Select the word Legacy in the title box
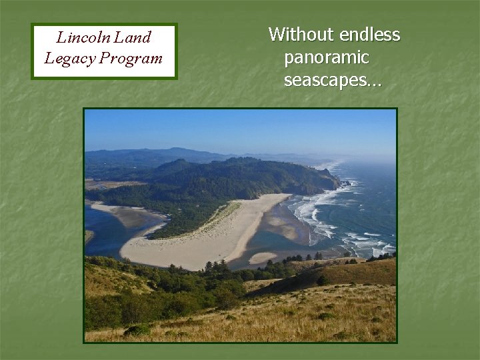(69, 59)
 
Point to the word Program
(131, 59)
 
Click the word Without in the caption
(301, 35)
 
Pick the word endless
(369, 35)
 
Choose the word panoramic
(326, 58)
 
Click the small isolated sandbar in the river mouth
(262, 258)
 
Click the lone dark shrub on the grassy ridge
(323, 281)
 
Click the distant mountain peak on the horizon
(175, 150)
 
